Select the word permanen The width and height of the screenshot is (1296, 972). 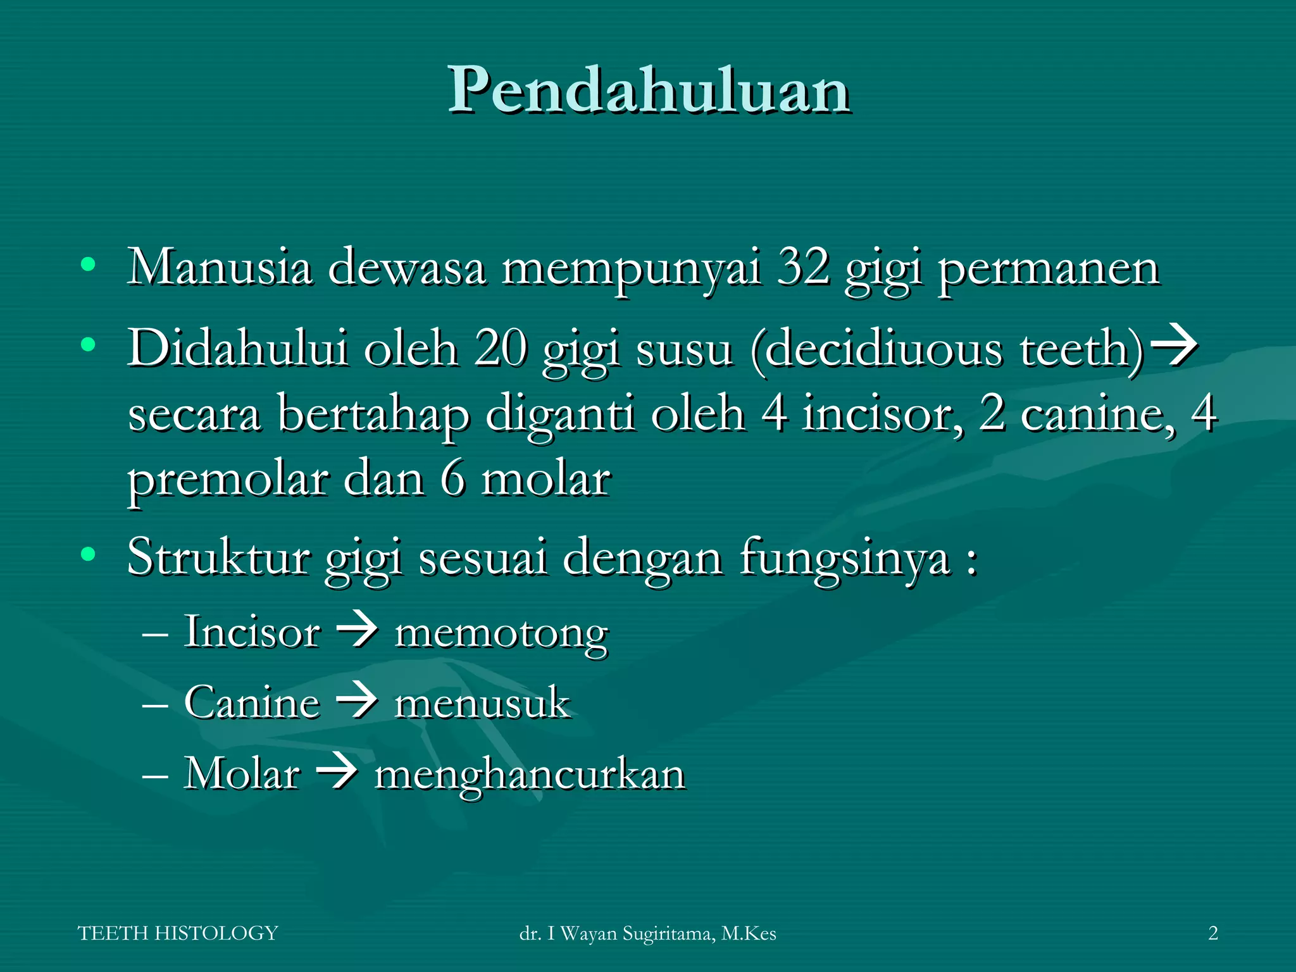[1049, 269]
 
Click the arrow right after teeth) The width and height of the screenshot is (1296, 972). [1173, 346]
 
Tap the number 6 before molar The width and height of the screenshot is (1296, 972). [453, 479]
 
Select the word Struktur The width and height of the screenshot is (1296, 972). [218, 557]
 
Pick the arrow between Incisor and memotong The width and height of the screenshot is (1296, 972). [357, 632]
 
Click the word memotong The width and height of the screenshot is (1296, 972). [501, 634]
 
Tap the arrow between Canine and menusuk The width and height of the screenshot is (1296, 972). [357, 702]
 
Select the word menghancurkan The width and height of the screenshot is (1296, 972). [530, 775]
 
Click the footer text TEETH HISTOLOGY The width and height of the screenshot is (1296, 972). [178, 933]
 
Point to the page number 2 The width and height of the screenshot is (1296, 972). [1212, 933]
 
